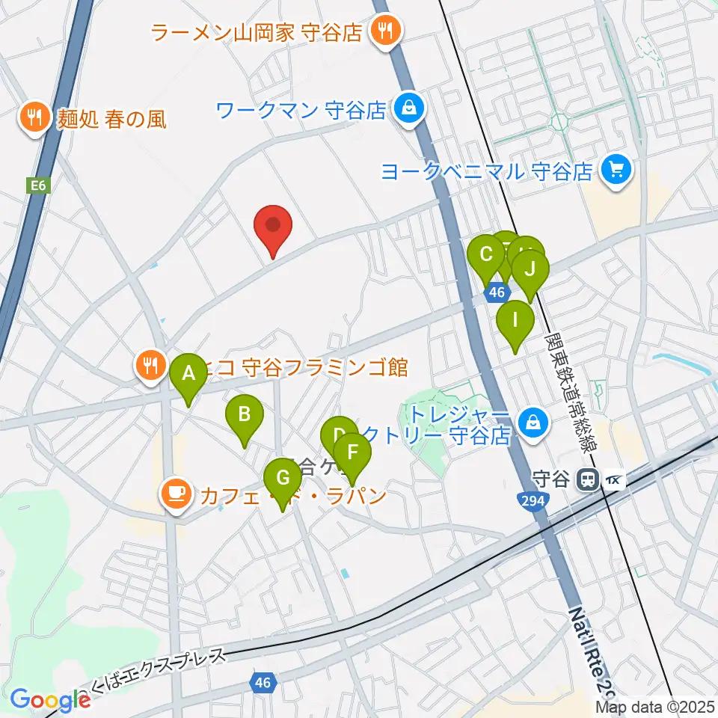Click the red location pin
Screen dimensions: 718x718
coord(273,225)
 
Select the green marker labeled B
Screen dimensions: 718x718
coord(244,415)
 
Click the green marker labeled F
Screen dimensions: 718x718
coord(352,454)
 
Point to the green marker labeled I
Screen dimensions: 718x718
coord(515,321)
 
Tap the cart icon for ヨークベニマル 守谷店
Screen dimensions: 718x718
coord(616,171)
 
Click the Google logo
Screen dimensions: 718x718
coord(50,700)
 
